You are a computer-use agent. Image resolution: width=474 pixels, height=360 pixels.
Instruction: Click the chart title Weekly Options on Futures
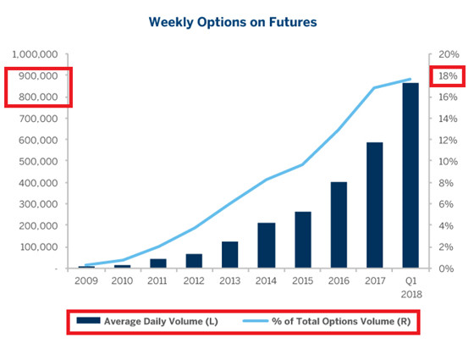pos(233,22)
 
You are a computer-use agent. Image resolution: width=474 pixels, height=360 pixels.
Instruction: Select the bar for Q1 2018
pos(411,175)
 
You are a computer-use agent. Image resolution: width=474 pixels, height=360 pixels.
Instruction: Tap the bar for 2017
pos(374,205)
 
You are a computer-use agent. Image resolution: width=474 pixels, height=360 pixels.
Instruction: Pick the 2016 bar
pos(339,224)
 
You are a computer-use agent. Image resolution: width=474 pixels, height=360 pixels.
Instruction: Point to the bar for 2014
pos(267,246)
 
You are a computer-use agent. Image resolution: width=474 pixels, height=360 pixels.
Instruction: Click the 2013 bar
pos(229,255)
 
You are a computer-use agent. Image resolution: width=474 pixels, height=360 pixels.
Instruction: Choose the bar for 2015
pos(303,240)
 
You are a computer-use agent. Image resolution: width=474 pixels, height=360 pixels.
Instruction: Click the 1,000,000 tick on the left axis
pos(35,54)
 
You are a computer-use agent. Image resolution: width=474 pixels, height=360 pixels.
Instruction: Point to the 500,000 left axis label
pos(38,162)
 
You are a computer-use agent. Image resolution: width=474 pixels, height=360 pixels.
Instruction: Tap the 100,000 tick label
pos(39,247)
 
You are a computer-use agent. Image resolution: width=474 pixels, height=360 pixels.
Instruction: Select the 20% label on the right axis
pos(449,54)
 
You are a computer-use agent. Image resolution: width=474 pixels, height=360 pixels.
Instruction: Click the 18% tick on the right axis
pos(448,76)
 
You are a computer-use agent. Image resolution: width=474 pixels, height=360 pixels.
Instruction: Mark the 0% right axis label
pos(446,269)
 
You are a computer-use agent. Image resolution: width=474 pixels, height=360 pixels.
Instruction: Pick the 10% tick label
pos(448,162)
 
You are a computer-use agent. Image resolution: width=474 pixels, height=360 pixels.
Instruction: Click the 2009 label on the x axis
pos(86,281)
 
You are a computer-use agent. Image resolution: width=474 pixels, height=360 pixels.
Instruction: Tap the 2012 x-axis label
pos(194,281)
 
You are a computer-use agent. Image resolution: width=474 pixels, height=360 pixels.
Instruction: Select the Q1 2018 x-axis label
pos(411,288)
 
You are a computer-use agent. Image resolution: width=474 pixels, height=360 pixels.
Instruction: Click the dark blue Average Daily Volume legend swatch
pos(88,320)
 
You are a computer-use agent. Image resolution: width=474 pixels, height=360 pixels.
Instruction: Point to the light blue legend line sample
pos(255,321)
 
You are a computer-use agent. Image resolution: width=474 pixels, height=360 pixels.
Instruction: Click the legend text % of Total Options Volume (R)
pos(341,321)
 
